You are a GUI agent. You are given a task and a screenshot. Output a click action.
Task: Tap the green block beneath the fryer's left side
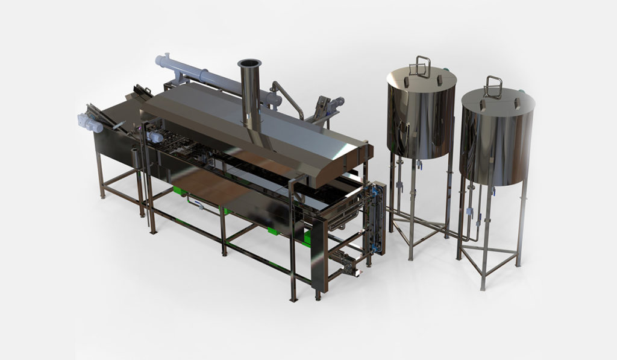point(179,192)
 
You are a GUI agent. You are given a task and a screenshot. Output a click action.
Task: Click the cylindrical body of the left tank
point(421,118)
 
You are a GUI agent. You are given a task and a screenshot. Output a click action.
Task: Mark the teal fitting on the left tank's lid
point(446,71)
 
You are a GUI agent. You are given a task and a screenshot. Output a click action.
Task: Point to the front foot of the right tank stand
point(482,286)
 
